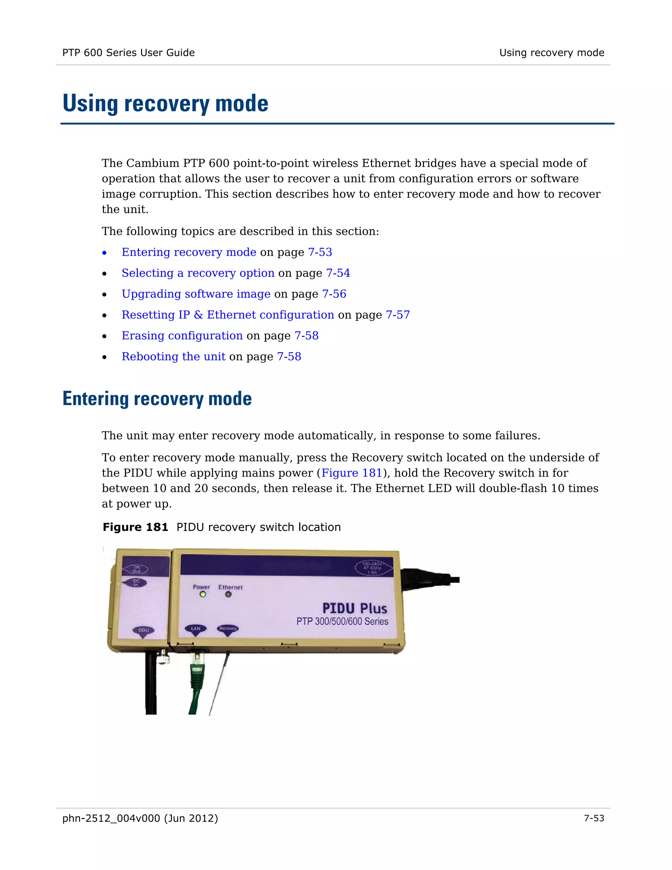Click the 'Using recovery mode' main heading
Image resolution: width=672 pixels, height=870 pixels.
[165, 103]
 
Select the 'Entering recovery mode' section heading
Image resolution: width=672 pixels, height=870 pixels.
[157, 399]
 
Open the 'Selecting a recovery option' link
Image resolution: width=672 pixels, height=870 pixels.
[198, 273]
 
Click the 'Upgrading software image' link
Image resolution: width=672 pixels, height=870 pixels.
[196, 294]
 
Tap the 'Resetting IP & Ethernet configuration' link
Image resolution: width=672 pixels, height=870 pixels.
[228, 315]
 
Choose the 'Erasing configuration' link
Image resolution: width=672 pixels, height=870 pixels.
[182, 336]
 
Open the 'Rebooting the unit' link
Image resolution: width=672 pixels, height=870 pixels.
[173, 357]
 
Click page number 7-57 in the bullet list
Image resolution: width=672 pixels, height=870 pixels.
[398, 315]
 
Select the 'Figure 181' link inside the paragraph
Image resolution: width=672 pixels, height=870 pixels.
[351, 473]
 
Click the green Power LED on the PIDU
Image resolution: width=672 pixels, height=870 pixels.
[203, 594]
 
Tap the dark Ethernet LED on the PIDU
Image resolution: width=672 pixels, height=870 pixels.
[228, 594]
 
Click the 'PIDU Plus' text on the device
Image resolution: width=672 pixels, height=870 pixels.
[354, 608]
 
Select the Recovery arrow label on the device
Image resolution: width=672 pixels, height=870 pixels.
[228, 629]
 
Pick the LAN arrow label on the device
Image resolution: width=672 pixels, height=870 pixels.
[196, 629]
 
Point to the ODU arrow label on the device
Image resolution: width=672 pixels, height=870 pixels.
[143, 631]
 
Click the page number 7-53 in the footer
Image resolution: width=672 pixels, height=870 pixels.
[594, 818]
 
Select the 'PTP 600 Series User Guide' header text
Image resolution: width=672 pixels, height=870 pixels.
[128, 53]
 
